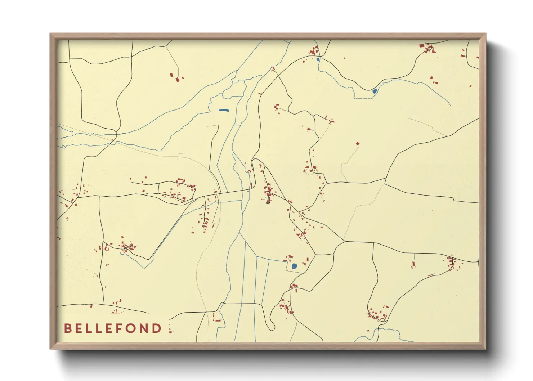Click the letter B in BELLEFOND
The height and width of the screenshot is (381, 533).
coord(67,328)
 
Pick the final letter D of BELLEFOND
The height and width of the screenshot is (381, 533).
coord(157,328)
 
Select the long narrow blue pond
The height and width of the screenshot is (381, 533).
coord(223,110)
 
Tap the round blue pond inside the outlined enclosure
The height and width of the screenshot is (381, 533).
coord(294,266)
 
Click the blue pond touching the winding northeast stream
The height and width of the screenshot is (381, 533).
coord(375,91)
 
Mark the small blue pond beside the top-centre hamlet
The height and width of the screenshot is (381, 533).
coord(318,59)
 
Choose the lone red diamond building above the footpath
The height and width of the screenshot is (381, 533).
coord(358,144)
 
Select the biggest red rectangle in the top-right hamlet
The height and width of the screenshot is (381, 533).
coord(422,46)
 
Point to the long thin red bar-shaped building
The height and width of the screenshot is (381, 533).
coord(430,275)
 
